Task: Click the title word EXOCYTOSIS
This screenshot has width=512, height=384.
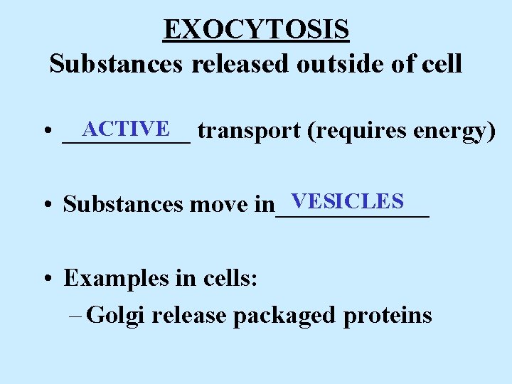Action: (x=256, y=30)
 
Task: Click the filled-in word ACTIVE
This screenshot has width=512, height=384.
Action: (x=126, y=129)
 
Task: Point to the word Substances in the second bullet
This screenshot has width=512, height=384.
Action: (x=123, y=205)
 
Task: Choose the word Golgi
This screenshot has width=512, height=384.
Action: (x=117, y=315)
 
